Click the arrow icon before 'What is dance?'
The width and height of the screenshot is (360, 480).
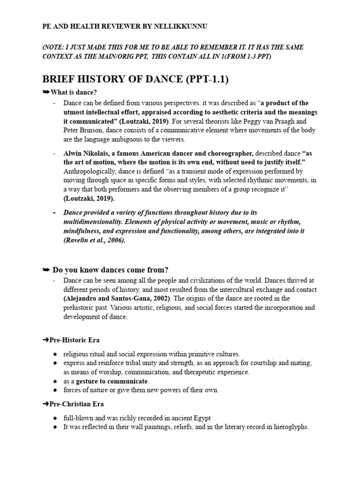(x=46, y=92)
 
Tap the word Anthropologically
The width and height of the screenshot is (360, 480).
(x=91, y=171)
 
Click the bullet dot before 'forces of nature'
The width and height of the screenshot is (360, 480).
(x=55, y=390)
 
